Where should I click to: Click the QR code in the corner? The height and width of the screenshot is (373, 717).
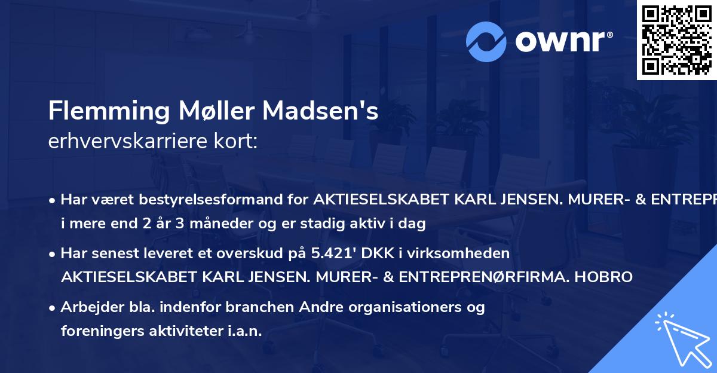tap(676, 39)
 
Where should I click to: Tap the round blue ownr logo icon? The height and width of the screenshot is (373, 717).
tap(486, 41)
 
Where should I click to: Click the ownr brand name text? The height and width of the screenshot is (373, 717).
tap(563, 41)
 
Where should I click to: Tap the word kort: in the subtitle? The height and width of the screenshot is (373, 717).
tap(237, 142)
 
